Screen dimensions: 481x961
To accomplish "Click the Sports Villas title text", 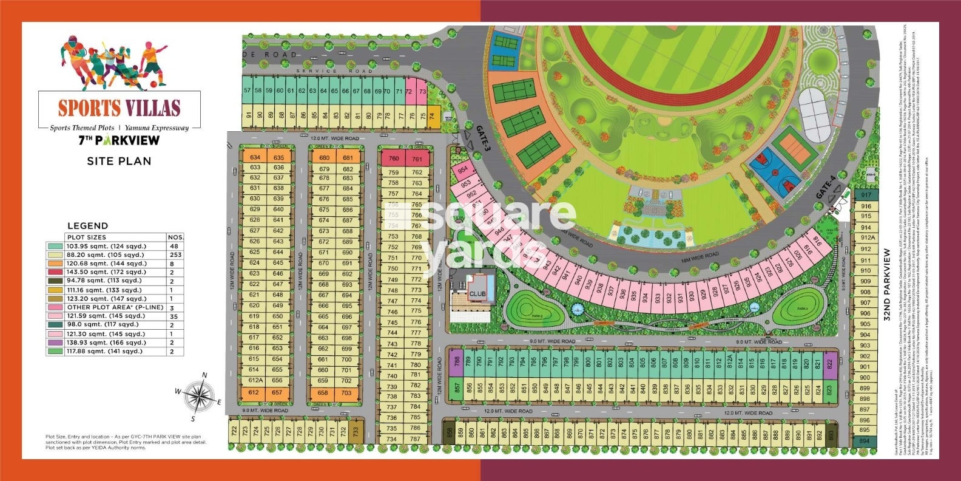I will click(120, 108).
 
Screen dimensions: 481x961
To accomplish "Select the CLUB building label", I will click(477, 294).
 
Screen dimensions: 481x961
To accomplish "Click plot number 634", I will click(255, 157).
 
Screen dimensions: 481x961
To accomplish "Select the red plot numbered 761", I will click(417, 159).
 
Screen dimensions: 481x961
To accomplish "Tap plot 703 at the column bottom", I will click(346, 392).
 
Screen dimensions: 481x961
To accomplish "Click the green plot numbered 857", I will click(457, 387).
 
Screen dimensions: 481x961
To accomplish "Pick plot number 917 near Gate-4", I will click(866, 195).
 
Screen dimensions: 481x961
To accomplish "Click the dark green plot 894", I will click(865, 441).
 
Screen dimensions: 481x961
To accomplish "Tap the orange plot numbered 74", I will click(432, 116).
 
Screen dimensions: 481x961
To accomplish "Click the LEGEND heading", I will click(88, 225).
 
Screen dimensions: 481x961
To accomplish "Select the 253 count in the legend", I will click(176, 255).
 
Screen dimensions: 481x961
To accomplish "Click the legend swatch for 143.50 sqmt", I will click(54, 272).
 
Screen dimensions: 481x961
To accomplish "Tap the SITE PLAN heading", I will click(119, 161).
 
